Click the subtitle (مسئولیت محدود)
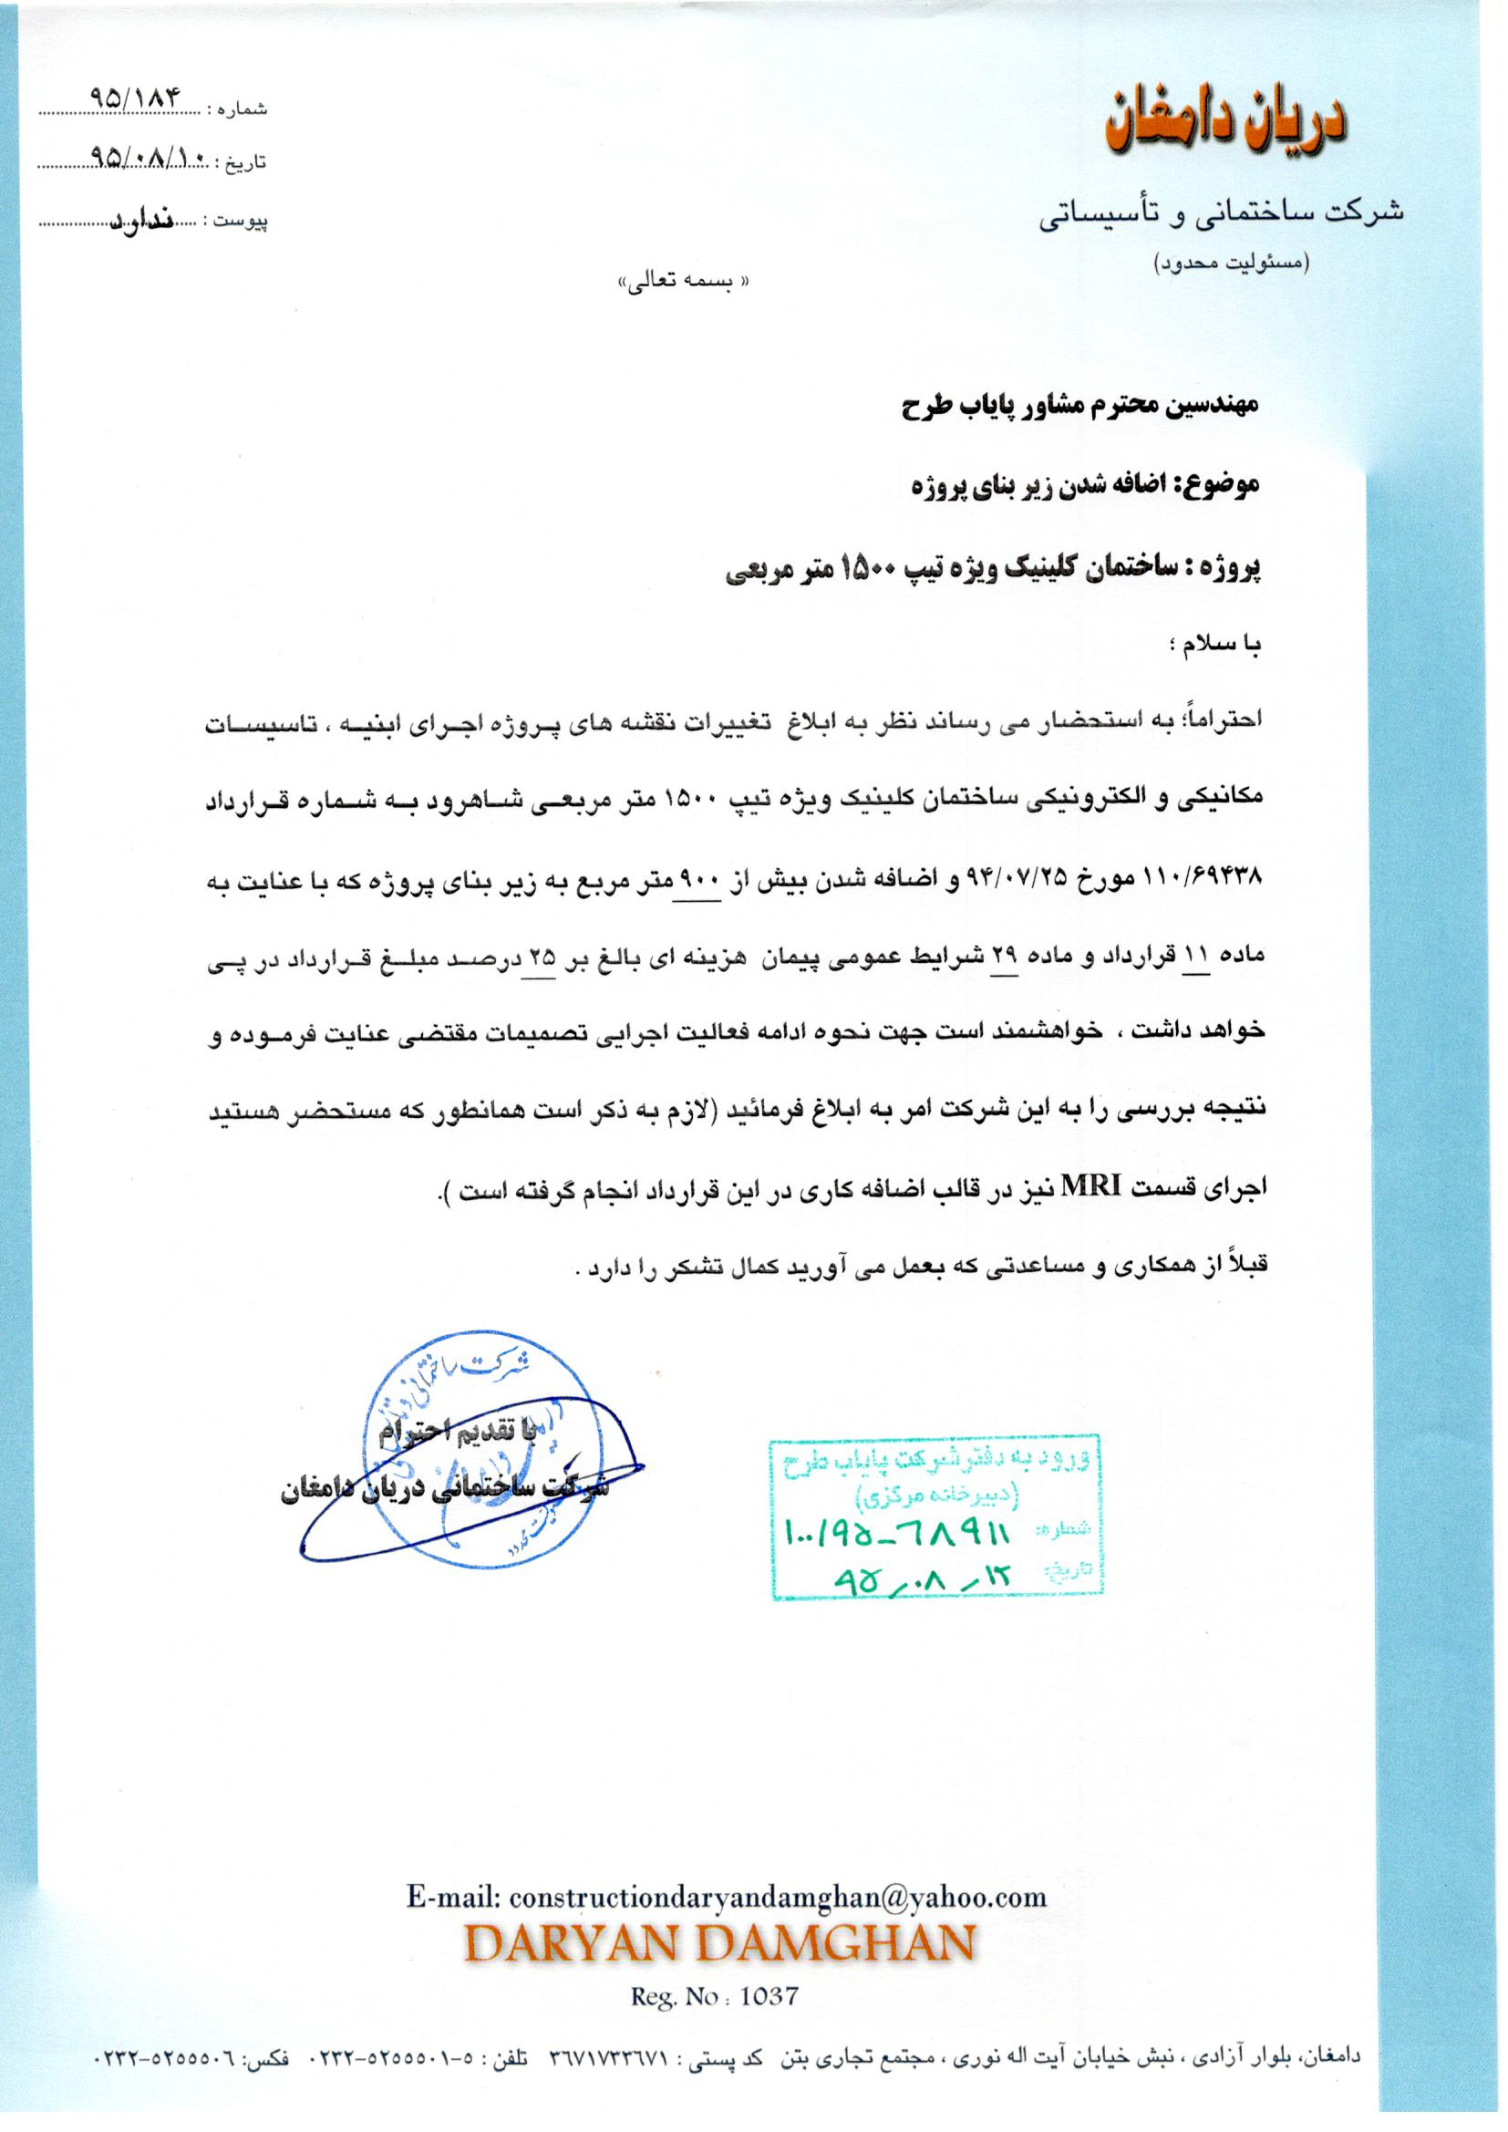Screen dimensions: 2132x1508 [x=1231, y=264]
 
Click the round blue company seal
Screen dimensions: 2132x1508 [x=479, y=1454]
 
